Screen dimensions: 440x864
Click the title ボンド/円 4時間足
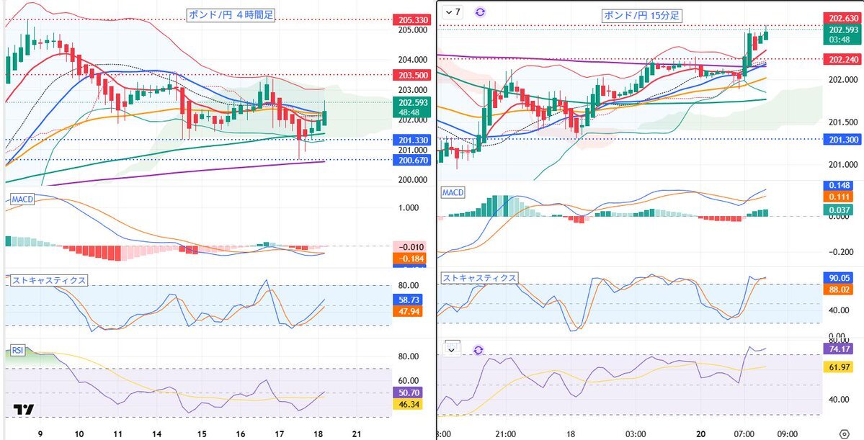click(231, 14)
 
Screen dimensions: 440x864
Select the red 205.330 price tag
click(411, 20)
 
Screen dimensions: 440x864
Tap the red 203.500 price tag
click(411, 75)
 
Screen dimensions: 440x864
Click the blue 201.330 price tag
click(411, 140)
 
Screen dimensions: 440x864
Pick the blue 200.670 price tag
click(411, 160)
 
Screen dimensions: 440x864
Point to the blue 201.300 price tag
click(843, 140)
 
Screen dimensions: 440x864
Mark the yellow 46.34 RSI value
click(409, 405)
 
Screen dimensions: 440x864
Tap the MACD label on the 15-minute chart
click(453, 193)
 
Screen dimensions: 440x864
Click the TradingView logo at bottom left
click(24, 410)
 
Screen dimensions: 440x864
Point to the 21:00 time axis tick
click(506, 434)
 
